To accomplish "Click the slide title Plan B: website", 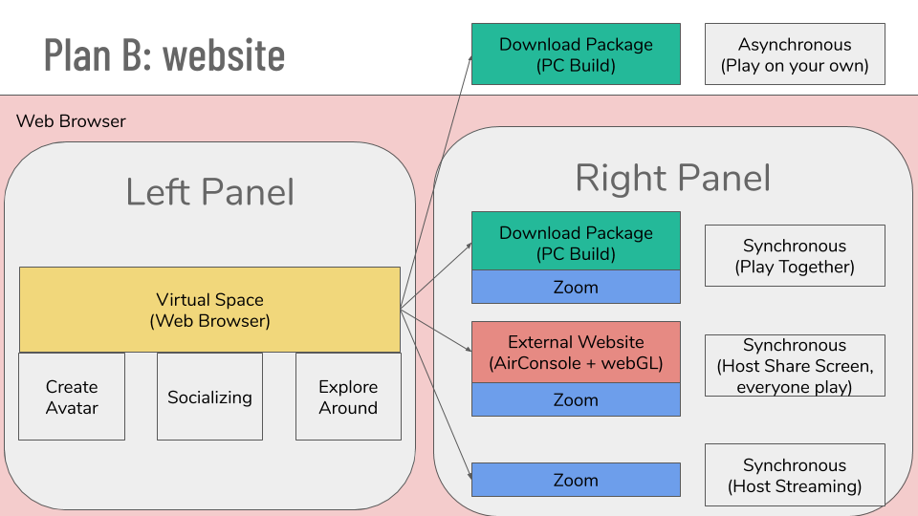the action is pos(164,55).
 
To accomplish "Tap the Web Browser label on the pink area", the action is pos(71,121).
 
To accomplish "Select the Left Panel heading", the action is pos(209,192).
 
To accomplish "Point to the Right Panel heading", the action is pos(672,178).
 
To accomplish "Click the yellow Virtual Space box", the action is pos(209,310).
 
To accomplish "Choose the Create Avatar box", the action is pos(72,397).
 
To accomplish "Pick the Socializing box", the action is pos(209,397).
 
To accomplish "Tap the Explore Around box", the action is pos(348,397).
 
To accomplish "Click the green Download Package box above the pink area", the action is pos(576,54).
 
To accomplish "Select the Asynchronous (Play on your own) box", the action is pos(795,54).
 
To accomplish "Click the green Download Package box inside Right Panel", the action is pos(576,241).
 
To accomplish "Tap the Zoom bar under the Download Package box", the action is pos(576,287).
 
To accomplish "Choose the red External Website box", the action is pos(576,353).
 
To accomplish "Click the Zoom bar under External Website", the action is pos(576,399).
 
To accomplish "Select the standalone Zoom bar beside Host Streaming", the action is pos(576,480).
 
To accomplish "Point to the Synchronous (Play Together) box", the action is pos(795,256).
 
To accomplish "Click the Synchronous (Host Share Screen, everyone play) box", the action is pos(795,366).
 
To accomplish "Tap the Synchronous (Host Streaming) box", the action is pos(795,475).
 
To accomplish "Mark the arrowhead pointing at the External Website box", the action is pos(469,350).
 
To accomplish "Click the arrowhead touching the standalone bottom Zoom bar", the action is pos(470,476).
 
